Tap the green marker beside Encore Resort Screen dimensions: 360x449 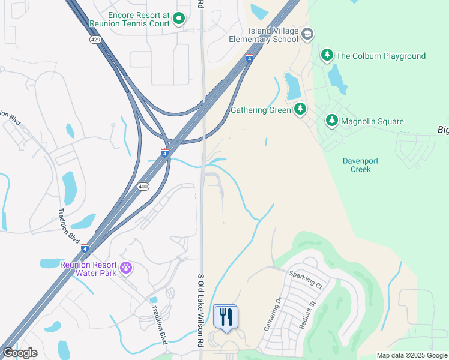pos(178,19)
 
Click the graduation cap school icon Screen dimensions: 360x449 pos(307,34)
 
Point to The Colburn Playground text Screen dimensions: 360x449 pos(381,56)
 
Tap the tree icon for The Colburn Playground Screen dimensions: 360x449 pos(327,56)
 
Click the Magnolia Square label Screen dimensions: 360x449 pos(372,121)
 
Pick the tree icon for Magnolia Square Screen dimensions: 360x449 pos(331,121)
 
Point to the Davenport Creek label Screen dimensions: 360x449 pos(357,165)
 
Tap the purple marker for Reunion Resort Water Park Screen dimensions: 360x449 pos(126,268)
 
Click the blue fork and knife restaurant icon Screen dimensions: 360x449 pos(226,316)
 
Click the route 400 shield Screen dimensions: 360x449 pos(143,187)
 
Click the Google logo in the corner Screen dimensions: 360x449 pos(20,353)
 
